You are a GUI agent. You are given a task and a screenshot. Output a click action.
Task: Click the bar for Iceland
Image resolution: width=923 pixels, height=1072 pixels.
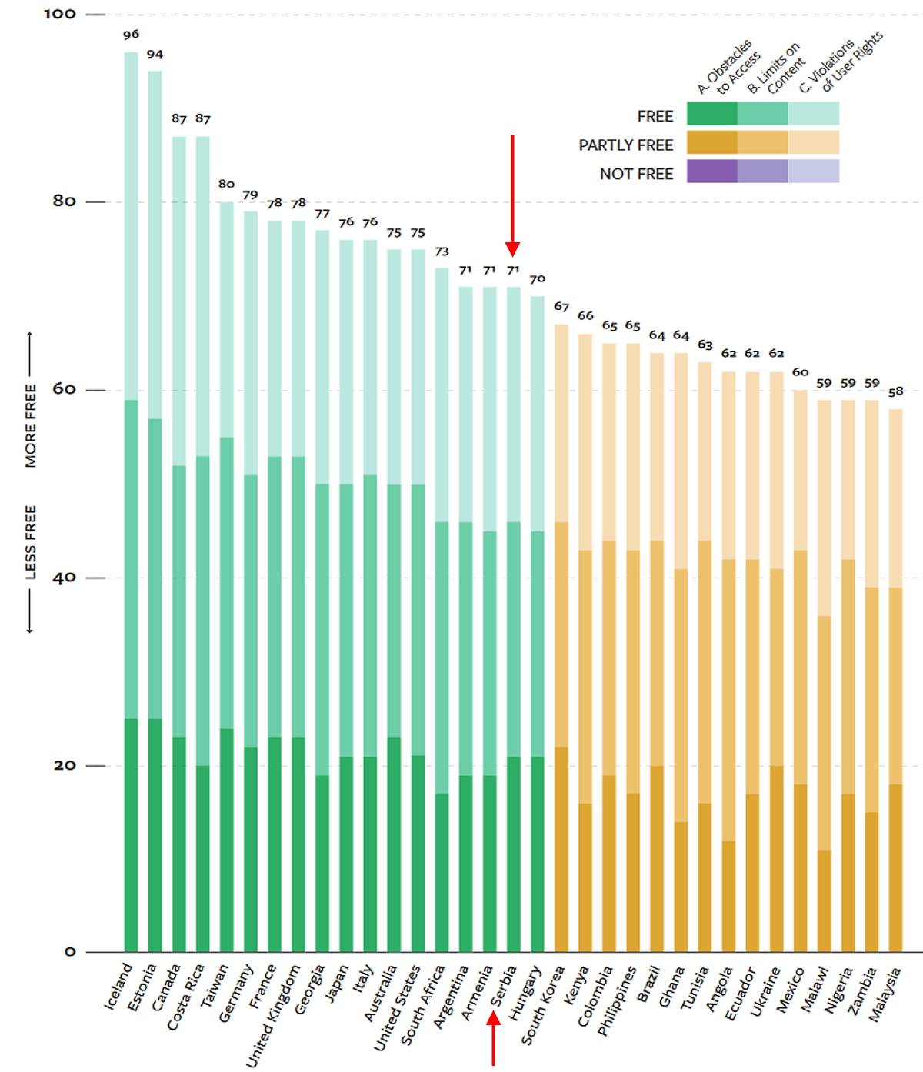(x=131, y=500)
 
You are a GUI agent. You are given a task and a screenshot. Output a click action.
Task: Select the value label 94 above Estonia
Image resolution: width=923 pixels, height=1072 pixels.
(x=155, y=55)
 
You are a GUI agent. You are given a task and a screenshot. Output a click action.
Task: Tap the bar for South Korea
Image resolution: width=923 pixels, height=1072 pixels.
(x=561, y=638)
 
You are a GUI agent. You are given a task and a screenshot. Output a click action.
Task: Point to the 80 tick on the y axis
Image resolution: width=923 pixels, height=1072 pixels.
(x=64, y=201)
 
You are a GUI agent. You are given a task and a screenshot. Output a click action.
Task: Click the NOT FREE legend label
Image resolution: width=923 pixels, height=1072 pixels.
(x=636, y=175)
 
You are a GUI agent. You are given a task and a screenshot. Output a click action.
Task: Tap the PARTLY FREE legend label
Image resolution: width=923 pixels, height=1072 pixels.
(x=625, y=145)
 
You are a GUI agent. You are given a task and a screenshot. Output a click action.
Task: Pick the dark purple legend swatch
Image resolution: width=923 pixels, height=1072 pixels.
(x=711, y=171)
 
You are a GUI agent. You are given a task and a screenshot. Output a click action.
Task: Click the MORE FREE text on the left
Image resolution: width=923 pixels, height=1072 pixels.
(x=31, y=425)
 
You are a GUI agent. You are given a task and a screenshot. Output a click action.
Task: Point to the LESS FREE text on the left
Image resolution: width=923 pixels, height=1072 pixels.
(x=31, y=542)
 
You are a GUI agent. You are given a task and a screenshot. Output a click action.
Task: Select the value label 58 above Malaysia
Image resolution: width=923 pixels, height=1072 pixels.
(x=895, y=392)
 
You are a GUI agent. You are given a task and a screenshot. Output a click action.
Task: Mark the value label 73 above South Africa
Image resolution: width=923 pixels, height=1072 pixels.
(x=442, y=252)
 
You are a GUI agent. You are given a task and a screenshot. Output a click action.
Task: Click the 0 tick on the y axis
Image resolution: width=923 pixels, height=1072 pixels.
(x=70, y=952)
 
